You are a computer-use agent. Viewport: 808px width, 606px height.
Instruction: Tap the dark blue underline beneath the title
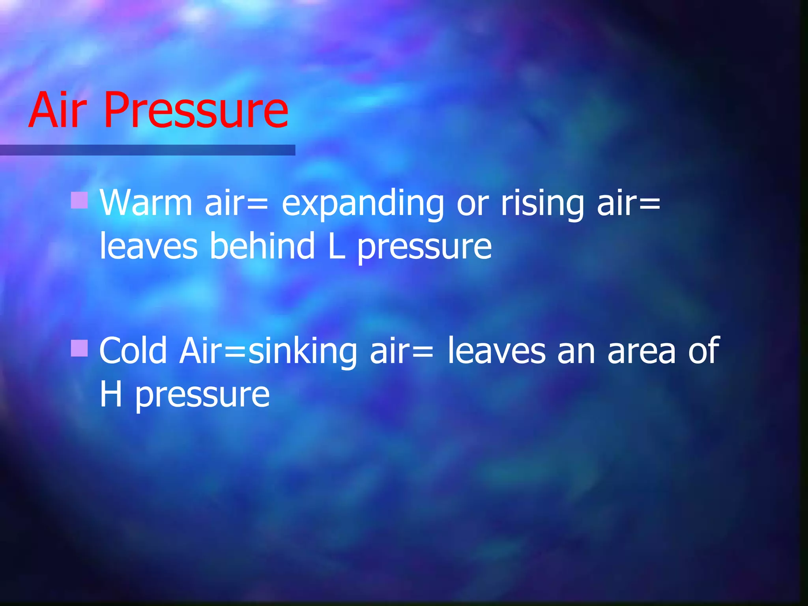click(148, 150)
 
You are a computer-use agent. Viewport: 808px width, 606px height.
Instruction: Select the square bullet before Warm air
click(79, 200)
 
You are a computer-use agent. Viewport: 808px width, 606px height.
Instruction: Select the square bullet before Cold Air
click(79, 348)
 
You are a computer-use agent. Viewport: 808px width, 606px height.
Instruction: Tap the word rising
click(542, 204)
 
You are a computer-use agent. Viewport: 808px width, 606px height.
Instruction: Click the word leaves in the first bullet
click(148, 246)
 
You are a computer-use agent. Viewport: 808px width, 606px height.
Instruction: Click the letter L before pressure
click(336, 246)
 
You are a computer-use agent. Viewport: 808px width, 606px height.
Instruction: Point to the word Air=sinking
click(268, 351)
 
